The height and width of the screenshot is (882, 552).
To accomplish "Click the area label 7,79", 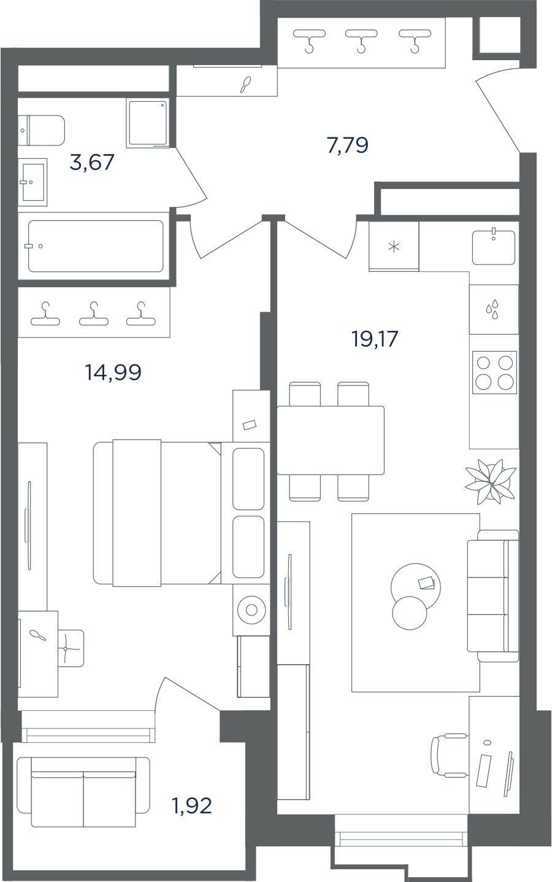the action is [x=347, y=145].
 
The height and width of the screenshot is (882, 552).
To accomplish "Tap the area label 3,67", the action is [x=92, y=162].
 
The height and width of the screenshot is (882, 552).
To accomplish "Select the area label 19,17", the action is [x=375, y=339].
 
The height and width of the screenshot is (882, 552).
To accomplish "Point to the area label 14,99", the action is [x=113, y=372].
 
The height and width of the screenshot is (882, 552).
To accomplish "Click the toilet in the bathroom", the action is [x=41, y=130].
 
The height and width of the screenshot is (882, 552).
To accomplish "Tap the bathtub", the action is [x=96, y=246].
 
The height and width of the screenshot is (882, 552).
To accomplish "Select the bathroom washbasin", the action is [x=33, y=182].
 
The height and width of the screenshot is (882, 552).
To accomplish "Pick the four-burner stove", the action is [x=494, y=372].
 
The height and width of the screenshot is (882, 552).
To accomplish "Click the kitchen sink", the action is [x=493, y=247].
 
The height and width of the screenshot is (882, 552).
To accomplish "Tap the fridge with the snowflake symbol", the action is [x=394, y=247].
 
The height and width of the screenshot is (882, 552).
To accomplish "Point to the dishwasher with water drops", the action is [x=494, y=309].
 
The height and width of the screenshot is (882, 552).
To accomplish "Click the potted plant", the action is [x=491, y=482].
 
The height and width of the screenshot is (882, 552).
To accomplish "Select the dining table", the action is [x=331, y=440].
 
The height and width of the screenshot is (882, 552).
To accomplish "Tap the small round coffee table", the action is [x=410, y=613].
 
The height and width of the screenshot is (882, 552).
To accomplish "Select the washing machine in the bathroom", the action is [x=148, y=123].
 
